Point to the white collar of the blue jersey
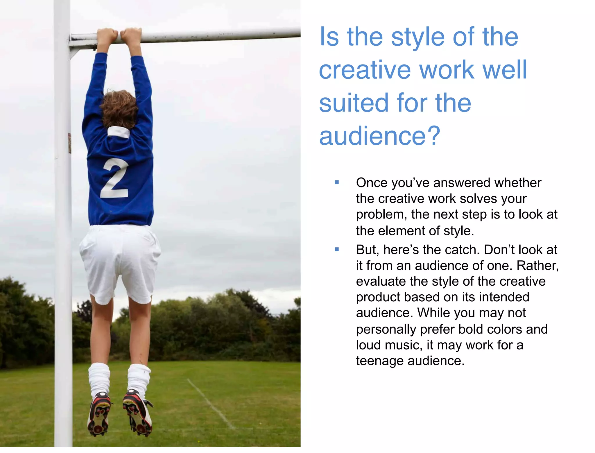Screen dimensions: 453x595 pos(119,132)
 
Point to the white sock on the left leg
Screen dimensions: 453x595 pos(99,378)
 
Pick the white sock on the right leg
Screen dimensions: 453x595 pos(139,378)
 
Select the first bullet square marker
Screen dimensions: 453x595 pos(337,182)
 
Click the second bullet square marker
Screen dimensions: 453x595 pos(337,249)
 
